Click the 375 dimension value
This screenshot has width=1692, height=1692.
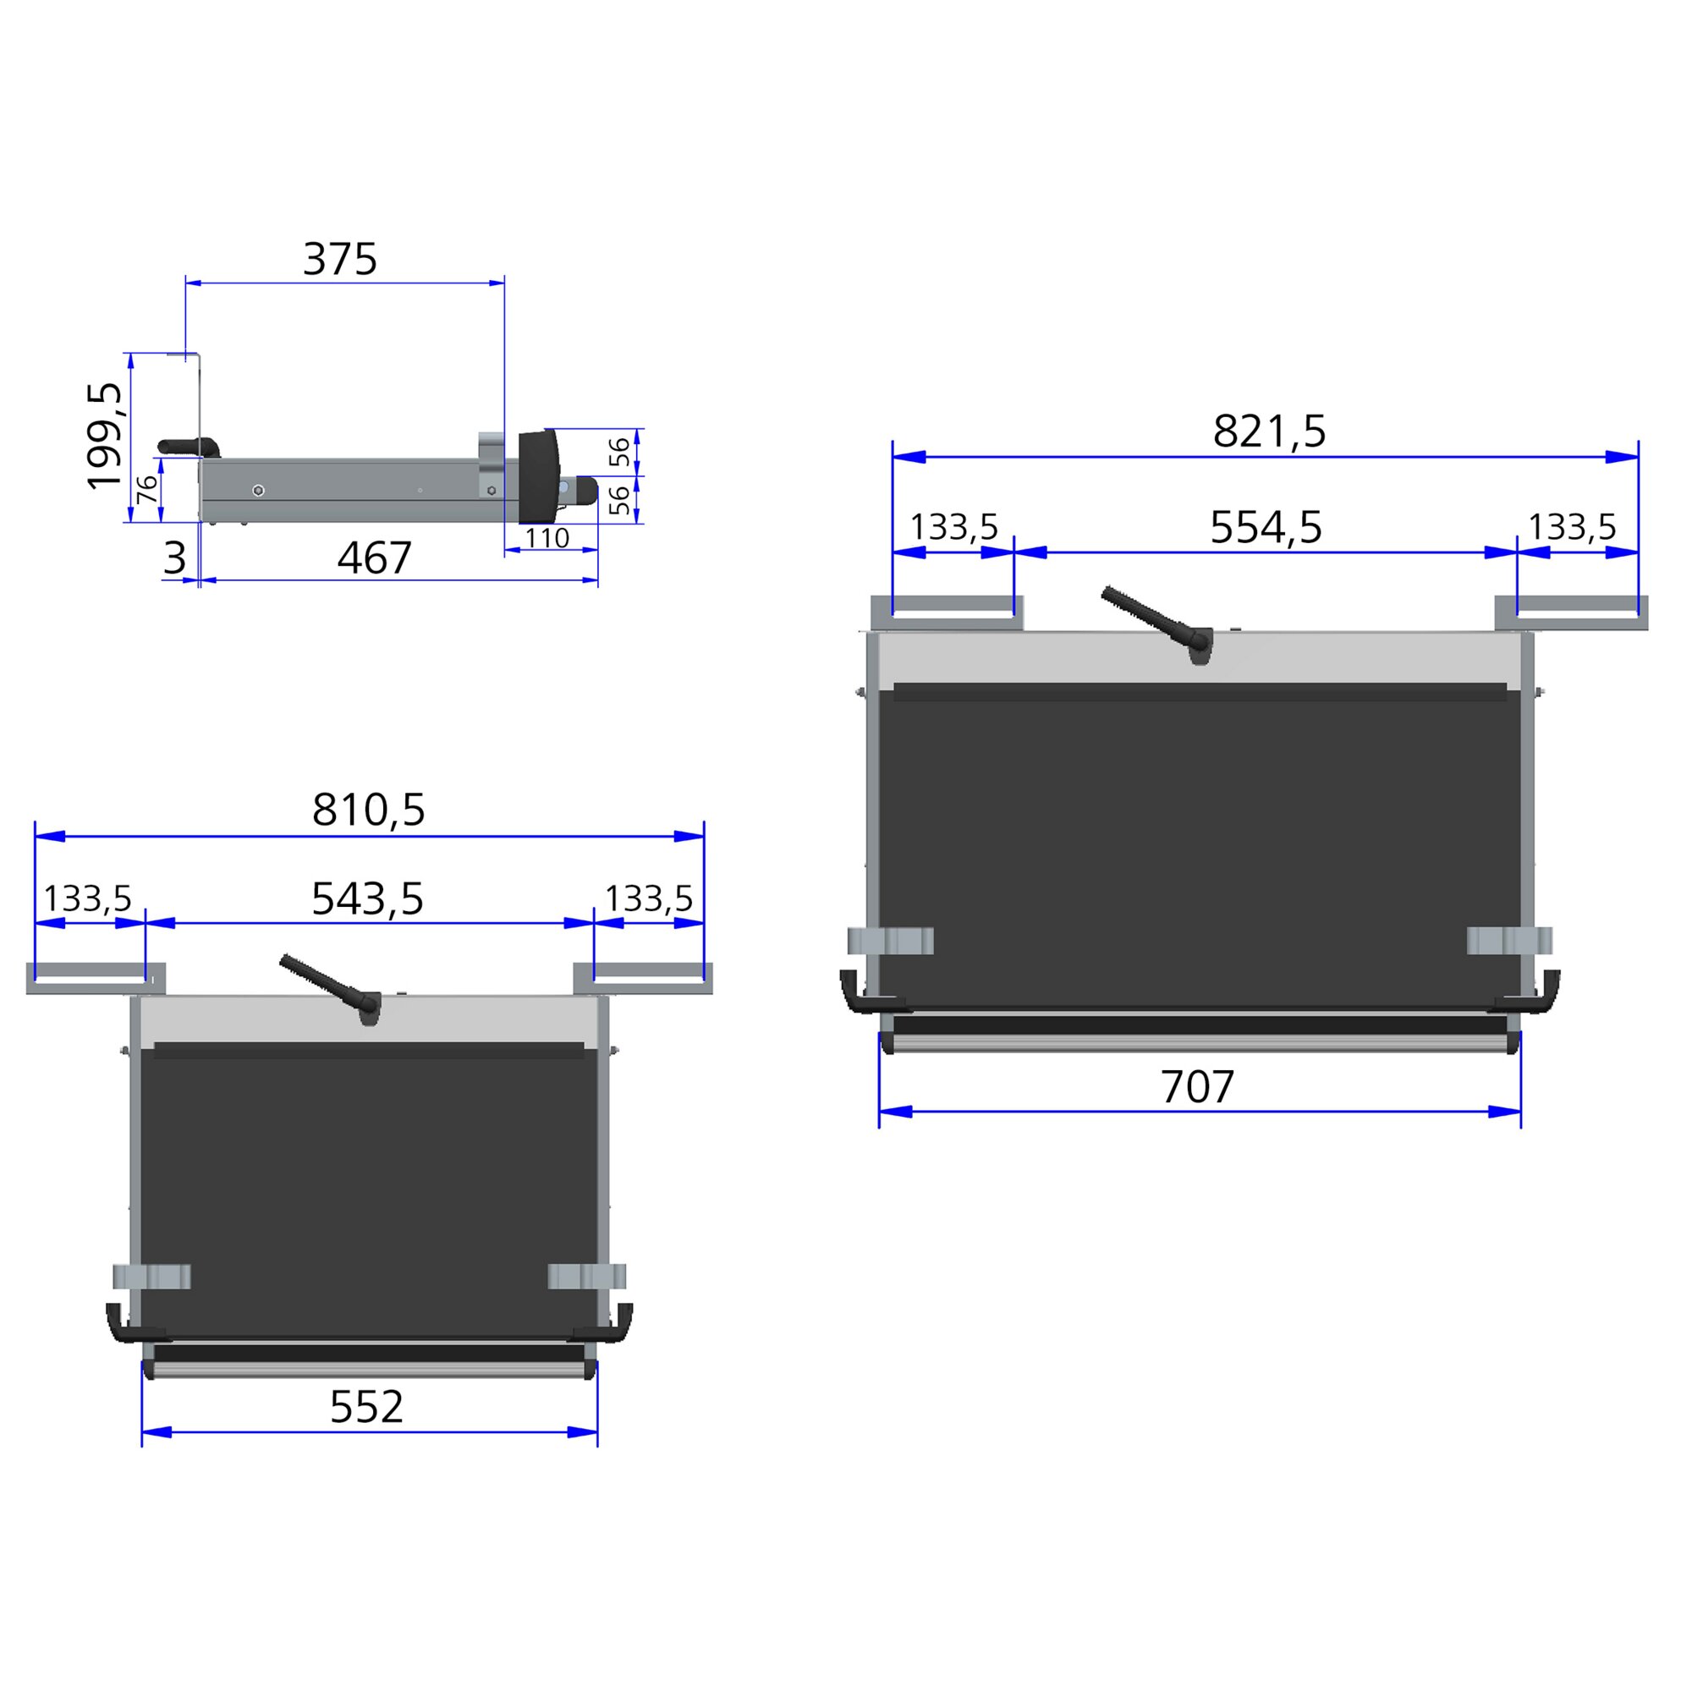pos(340,259)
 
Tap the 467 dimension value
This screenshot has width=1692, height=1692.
pos(374,558)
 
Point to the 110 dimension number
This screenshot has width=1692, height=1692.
pos(547,538)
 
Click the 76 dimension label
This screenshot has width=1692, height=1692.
pos(148,489)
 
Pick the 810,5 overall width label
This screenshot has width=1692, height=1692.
pos(369,810)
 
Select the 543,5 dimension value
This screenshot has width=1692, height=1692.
pos(368,898)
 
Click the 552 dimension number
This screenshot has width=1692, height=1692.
pos(366,1408)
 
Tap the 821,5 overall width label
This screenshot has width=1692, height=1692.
pos(1269,431)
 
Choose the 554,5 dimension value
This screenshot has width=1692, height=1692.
pos(1266,527)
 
